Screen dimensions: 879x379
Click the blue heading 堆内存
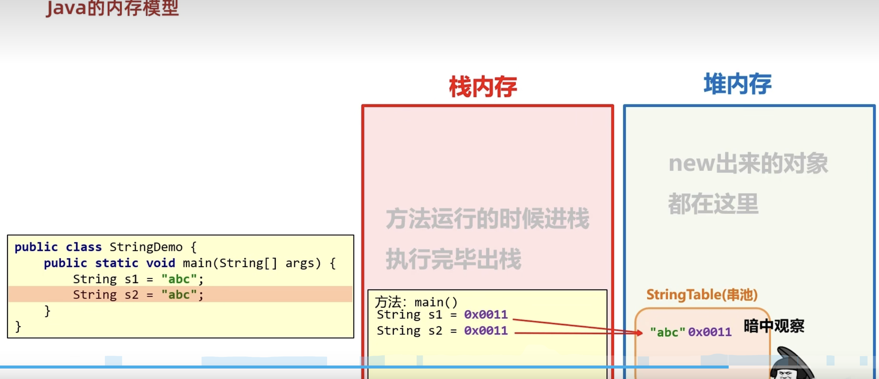point(737,84)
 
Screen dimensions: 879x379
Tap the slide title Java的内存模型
point(112,8)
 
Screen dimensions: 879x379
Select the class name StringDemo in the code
point(146,247)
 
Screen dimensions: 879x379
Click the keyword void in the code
point(160,263)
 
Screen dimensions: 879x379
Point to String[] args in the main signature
point(270,263)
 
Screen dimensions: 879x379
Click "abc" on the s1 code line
point(179,279)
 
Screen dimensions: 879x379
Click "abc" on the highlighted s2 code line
point(179,295)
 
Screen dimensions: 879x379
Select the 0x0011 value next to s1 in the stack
point(486,315)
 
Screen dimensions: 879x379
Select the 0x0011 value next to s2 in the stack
point(486,331)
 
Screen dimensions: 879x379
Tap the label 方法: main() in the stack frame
point(416,302)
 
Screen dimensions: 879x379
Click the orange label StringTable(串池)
point(702,295)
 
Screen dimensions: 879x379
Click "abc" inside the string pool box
point(667,332)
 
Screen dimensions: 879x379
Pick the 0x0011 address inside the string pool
point(710,332)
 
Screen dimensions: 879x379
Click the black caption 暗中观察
point(774,326)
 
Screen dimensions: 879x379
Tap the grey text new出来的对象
point(748,164)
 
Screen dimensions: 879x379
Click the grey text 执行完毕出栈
point(453,259)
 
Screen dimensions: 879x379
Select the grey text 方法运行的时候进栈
point(487,219)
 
